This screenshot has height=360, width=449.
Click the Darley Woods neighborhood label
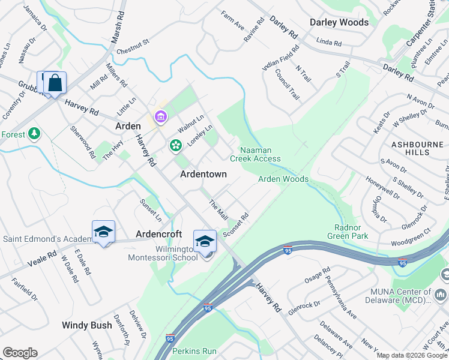pos(339,22)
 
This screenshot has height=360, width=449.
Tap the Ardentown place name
pos(204,174)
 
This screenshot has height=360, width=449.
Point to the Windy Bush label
pos(86,325)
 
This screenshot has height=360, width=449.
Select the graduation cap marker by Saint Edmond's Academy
pos(103,232)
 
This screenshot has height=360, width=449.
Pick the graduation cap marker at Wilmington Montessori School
pos(205,241)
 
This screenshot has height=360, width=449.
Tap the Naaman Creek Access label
pos(255,154)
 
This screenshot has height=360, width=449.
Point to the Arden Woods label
pos(283,179)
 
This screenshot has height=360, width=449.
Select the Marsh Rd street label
pos(117,27)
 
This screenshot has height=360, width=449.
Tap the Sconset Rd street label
pos(235,226)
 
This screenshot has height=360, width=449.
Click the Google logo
pos(20,353)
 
